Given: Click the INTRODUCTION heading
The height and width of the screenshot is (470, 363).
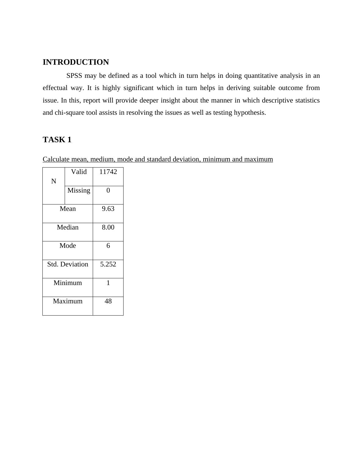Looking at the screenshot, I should (76, 62).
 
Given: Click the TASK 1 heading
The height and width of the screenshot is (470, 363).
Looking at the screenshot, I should (57, 140).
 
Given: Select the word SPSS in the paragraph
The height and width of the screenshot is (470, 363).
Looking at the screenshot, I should (74, 76).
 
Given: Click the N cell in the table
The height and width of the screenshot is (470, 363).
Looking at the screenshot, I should (54, 181).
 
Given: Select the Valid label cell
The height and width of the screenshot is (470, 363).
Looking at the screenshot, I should (79, 172).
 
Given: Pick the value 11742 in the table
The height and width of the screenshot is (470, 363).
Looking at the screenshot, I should (108, 172).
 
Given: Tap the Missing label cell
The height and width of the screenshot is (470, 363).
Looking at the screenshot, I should (79, 190).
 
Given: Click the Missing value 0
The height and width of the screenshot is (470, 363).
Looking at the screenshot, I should (108, 190).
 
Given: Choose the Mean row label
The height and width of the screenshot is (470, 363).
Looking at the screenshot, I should (68, 209).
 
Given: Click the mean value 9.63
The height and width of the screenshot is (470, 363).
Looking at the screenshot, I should (108, 209).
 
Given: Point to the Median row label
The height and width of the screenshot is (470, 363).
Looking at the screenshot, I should (68, 227).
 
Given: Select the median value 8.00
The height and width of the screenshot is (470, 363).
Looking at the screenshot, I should (108, 227).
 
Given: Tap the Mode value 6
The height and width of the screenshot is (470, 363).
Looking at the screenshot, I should (108, 246).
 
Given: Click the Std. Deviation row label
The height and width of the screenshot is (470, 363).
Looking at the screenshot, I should (68, 264).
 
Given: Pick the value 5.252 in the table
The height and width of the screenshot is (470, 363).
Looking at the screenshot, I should (108, 264).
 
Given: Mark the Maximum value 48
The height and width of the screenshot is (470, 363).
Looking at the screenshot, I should (108, 301).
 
